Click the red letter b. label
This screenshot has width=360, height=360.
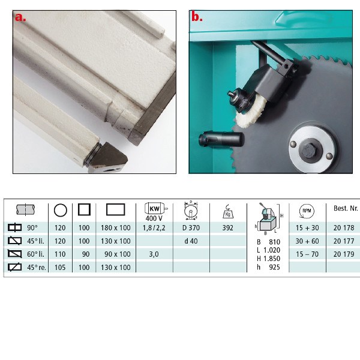(x=197, y=17)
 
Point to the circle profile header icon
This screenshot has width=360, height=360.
(x=60, y=211)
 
